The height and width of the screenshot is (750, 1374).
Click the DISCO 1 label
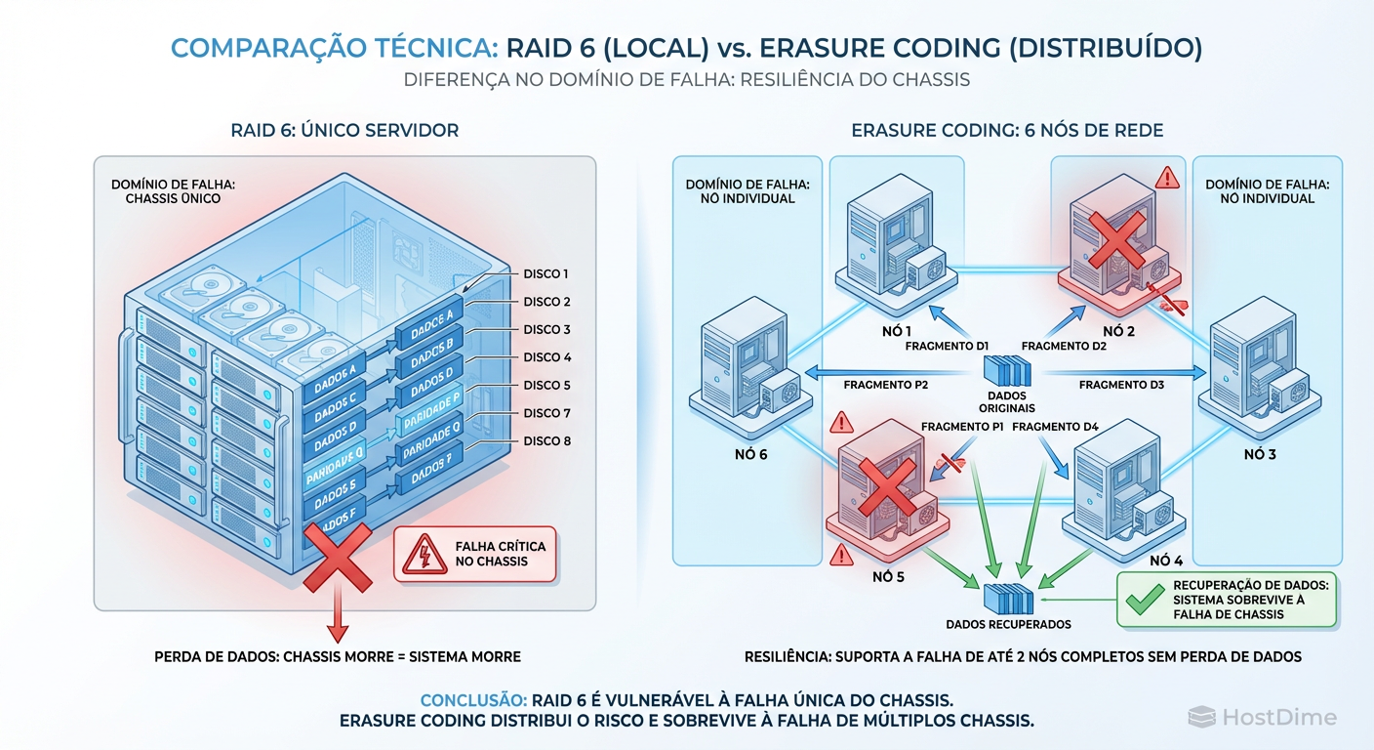point(546,274)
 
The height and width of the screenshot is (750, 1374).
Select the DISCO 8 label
point(546,441)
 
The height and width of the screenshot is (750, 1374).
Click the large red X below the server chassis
point(337,557)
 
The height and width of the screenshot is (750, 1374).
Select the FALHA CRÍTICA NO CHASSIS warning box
point(474,555)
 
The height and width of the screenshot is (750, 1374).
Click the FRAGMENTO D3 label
point(1121,386)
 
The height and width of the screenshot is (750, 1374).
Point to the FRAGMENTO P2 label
point(885,386)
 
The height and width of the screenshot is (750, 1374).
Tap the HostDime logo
point(1263,718)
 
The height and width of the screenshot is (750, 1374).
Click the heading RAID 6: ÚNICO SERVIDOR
point(344,130)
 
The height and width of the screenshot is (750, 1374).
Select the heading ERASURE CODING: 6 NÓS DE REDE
point(1007,130)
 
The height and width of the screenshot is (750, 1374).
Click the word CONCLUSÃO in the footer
point(472,700)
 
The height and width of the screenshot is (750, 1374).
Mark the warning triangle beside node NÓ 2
point(1166,178)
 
